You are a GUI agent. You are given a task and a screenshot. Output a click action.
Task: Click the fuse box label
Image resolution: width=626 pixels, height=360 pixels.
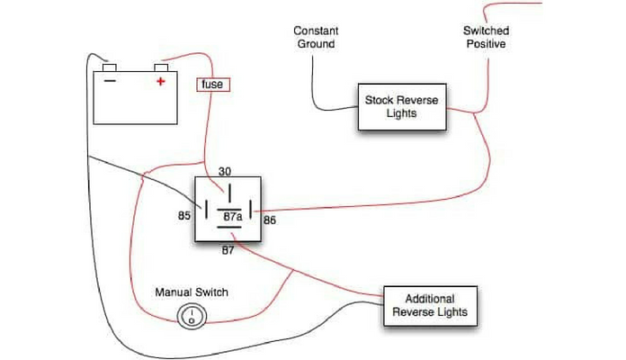point(212,85)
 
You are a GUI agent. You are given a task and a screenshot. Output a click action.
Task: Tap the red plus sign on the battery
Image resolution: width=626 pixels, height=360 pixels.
point(161,82)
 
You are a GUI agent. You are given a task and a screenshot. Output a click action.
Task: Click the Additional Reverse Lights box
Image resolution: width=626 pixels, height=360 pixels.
point(430,306)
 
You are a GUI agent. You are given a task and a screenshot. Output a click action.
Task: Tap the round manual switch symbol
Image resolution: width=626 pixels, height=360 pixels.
point(191,316)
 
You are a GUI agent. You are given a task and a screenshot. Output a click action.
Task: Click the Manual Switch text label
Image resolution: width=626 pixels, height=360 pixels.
point(192,292)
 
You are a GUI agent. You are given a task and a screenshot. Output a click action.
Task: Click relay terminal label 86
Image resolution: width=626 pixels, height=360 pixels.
point(268,219)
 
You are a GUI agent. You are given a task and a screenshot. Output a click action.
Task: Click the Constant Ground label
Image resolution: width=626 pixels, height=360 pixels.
point(314,37)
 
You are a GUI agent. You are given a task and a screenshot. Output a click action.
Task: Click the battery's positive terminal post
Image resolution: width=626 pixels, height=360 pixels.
point(162,67)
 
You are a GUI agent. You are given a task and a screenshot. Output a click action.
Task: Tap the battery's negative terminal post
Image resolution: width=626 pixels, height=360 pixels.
point(109,67)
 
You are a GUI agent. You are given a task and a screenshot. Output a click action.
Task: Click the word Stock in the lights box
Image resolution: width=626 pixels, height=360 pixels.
point(378,101)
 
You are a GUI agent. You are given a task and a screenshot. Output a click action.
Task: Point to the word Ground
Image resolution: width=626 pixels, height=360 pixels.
point(314,43)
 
